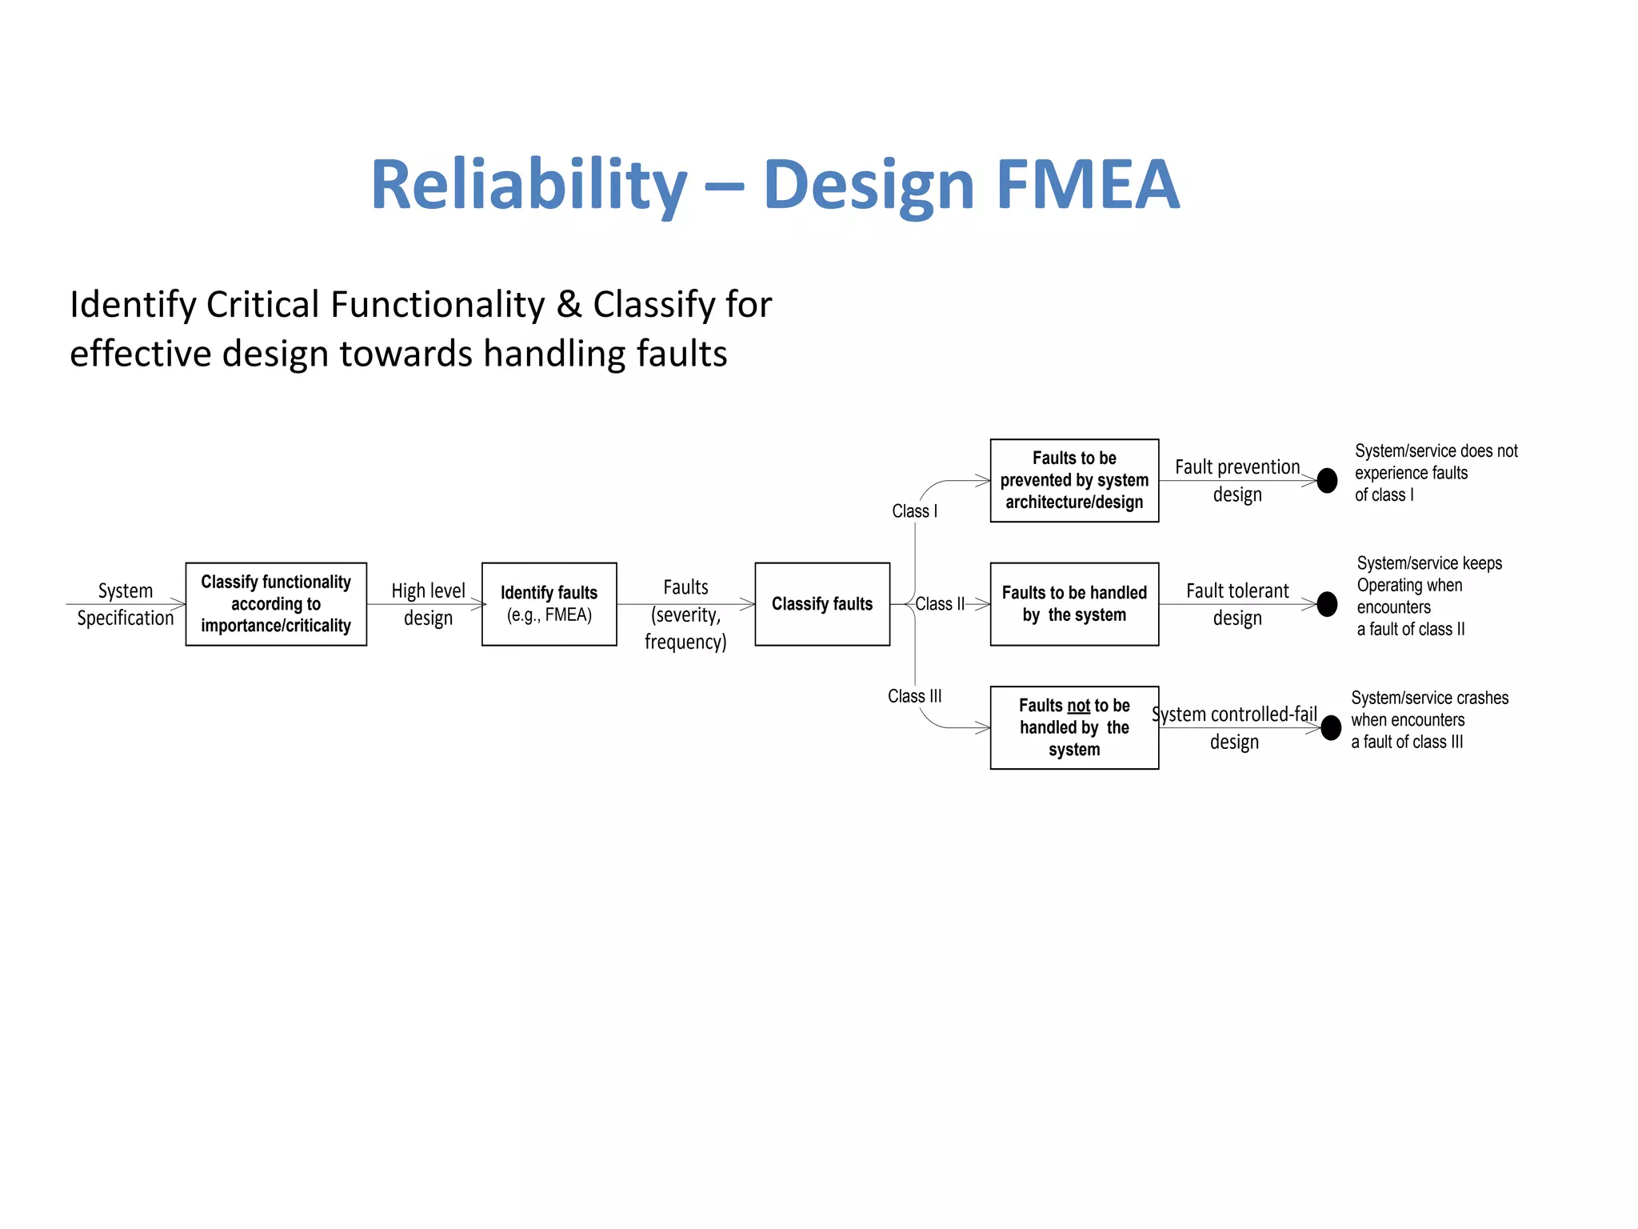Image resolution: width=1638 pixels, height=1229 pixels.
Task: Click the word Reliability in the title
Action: pos(529,186)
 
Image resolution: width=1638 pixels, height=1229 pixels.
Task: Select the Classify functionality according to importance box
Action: pos(276,604)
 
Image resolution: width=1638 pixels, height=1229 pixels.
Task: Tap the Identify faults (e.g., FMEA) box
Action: pos(549,604)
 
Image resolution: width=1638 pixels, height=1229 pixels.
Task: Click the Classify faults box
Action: pos(822,604)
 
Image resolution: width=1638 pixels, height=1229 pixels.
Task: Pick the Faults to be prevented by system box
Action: pos(1074,480)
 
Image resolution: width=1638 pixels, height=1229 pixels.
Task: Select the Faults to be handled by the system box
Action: pos(1074,604)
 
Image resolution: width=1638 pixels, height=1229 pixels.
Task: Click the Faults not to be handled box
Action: pos(1074,727)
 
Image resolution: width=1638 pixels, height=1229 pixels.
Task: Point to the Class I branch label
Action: pos(914,511)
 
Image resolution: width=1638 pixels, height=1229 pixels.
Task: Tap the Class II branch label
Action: pos(940,604)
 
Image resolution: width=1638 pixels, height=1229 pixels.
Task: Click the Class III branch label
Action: pos(914,696)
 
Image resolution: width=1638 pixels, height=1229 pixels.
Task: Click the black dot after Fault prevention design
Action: pos(1327,480)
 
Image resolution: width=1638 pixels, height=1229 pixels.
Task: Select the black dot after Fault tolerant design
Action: pos(1327,604)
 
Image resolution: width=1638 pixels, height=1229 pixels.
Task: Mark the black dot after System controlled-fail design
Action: pos(1331,727)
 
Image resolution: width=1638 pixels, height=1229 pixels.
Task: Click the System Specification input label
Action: pos(126,604)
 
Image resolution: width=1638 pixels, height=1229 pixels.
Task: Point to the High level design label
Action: pos(428,604)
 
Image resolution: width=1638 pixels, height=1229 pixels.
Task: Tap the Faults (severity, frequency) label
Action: pos(685,614)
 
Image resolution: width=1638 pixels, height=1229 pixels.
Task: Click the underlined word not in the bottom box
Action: pos(1078,706)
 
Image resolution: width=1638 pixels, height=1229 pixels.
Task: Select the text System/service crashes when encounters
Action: pos(1429,709)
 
